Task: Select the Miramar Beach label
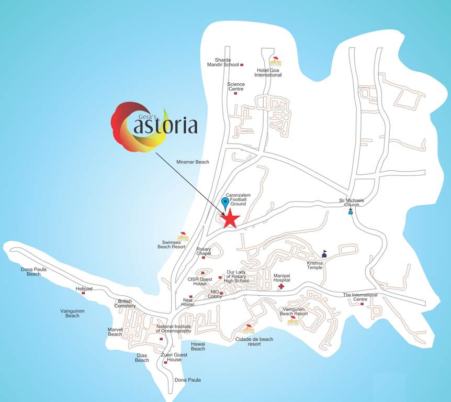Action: [x=193, y=162]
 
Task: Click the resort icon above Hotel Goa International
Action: [x=275, y=60]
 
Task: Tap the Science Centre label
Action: [x=235, y=86]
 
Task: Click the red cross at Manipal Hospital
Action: [x=281, y=286]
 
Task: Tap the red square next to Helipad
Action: [x=83, y=293]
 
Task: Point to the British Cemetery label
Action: [x=125, y=304]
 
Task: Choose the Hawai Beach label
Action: [x=198, y=346]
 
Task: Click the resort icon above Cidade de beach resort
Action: [x=249, y=329]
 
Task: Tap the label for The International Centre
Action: [x=360, y=297]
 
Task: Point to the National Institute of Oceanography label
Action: [x=174, y=329]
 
